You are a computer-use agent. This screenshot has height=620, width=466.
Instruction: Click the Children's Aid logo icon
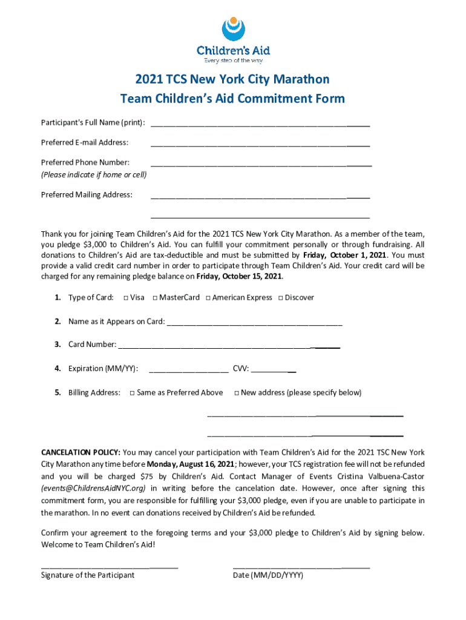click(233, 28)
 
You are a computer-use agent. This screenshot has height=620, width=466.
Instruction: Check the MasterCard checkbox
click(155, 298)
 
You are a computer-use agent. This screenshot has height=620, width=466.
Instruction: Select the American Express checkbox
click(208, 298)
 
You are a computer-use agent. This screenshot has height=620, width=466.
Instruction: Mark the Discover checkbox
click(280, 298)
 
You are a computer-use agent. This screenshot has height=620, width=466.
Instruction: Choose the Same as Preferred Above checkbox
click(132, 393)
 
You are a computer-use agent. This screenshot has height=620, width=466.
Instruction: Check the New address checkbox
click(236, 393)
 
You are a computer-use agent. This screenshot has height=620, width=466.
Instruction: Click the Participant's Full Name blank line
click(260, 125)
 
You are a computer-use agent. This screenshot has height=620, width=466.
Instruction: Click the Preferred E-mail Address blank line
click(260, 145)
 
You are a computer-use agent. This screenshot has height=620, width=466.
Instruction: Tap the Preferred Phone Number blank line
click(261, 165)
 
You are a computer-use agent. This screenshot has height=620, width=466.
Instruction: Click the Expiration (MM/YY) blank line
click(188, 371)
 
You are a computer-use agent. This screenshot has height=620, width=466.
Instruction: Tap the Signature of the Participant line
click(109, 567)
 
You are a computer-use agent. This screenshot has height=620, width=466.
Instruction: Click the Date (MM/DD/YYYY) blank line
click(301, 567)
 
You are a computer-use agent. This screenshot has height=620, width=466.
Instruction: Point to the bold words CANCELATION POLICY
click(80, 452)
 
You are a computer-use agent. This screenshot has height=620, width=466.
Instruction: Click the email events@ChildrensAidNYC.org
click(93, 488)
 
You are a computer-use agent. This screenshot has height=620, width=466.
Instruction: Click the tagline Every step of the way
click(233, 60)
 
